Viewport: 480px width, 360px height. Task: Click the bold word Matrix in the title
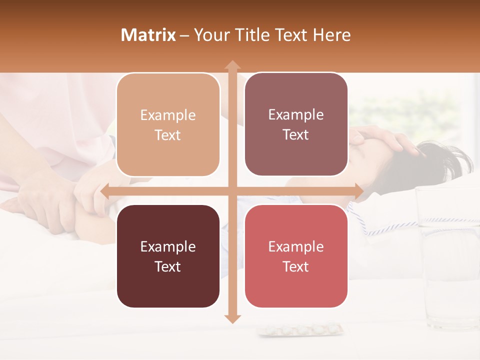148,35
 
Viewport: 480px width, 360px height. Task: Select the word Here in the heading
332,35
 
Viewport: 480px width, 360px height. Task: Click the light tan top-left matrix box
168,125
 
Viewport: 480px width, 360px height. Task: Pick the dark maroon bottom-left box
168,256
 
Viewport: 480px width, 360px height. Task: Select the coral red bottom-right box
296,256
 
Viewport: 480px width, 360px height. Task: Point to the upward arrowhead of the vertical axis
232,65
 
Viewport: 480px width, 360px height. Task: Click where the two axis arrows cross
232,191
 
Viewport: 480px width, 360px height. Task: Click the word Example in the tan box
168,115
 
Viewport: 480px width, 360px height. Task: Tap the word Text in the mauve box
296,135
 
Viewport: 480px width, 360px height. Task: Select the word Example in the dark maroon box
168,246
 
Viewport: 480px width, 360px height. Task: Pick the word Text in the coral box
296,266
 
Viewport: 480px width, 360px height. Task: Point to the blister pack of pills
300,329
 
